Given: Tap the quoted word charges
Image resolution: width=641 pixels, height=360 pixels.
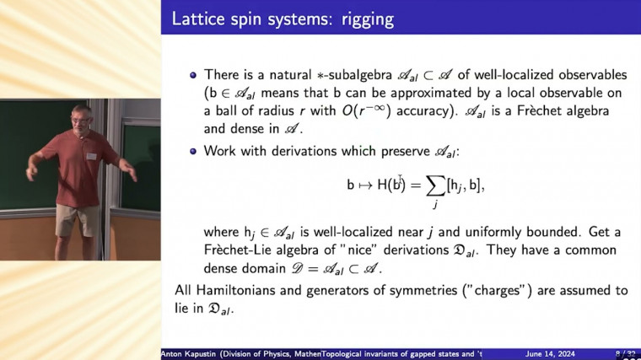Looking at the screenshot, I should point(501,291).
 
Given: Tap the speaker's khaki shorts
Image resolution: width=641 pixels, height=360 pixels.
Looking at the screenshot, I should point(76,221).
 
